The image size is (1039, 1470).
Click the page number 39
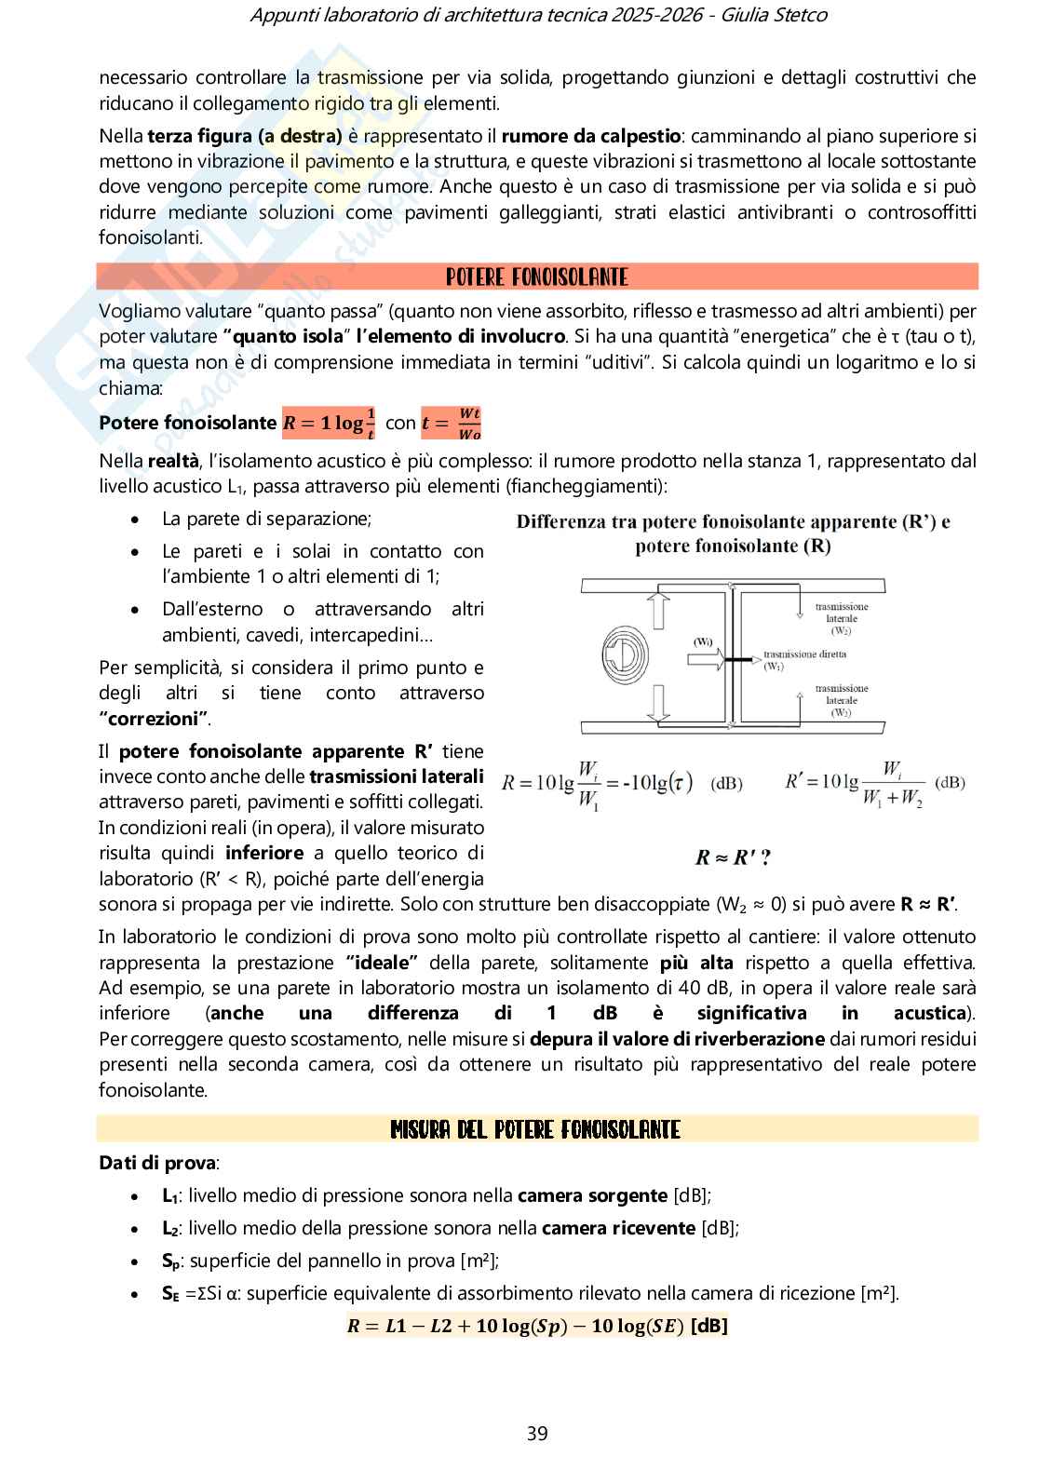[537, 1433]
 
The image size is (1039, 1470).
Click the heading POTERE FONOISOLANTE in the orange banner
[537, 277]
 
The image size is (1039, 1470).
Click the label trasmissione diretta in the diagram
[804, 654]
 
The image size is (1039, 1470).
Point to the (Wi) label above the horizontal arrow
[703, 641]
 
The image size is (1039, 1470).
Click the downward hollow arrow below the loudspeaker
[659, 703]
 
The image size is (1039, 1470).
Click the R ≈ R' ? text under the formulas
[733, 857]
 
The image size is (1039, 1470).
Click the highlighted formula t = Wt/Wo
[452, 423]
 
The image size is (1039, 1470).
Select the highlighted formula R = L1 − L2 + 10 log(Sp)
[537, 1326]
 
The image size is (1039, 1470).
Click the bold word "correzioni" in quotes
[154, 719]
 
